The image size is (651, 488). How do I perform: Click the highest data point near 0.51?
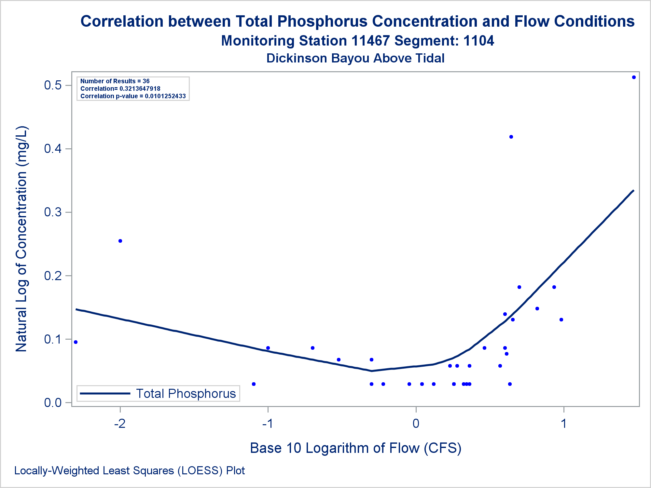pyautogui.click(x=634, y=77)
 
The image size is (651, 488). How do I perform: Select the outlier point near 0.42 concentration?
pyautogui.click(x=511, y=137)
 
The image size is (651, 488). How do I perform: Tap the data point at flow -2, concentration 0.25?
pyautogui.click(x=120, y=241)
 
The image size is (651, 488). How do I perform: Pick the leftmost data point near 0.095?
pyautogui.click(x=76, y=342)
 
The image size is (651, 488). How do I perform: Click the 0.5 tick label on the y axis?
pyautogui.click(x=53, y=85)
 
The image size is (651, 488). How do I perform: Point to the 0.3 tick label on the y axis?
pyautogui.click(x=53, y=212)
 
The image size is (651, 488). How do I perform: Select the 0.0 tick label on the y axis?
pyautogui.click(x=53, y=402)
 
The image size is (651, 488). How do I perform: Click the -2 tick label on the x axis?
pyautogui.click(x=120, y=424)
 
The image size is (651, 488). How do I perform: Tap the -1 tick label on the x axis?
pyautogui.click(x=268, y=424)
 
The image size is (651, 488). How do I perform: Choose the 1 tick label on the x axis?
pyautogui.click(x=563, y=424)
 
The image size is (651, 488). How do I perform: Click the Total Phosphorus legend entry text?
pyautogui.click(x=186, y=394)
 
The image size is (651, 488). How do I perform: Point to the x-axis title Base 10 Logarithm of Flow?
pyautogui.click(x=355, y=448)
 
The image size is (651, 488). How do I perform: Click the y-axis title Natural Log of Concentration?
pyautogui.click(x=21, y=239)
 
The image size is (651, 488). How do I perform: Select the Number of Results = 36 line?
pyautogui.click(x=115, y=81)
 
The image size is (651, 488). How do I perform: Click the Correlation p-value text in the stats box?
pyautogui.click(x=133, y=96)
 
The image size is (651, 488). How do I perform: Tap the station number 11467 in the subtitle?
pyautogui.click(x=370, y=41)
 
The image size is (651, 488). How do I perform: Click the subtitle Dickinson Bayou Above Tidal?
pyautogui.click(x=355, y=58)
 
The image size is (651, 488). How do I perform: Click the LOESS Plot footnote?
pyautogui.click(x=130, y=471)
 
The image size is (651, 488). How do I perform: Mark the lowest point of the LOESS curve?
pyautogui.click(x=372, y=371)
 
